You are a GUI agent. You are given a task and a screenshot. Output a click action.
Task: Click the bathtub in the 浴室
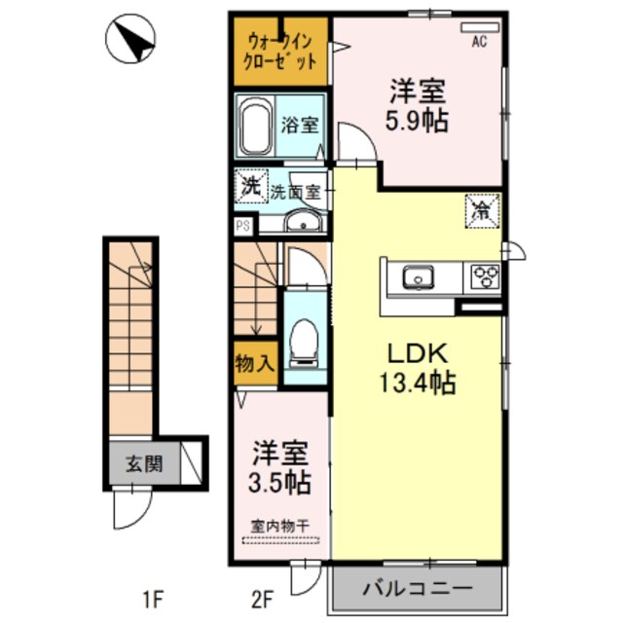pyautogui.click(x=255, y=125)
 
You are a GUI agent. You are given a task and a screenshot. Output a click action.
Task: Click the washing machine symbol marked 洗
pyautogui.click(x=250, y=186)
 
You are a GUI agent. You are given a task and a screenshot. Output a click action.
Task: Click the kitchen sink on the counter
pyautogui.click(x=420, y=278)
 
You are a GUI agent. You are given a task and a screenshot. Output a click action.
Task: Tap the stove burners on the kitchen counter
pyautogui.click(x=484, y=277)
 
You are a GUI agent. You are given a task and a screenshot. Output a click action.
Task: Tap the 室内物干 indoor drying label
pyautogui.click(x=280, y=526)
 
